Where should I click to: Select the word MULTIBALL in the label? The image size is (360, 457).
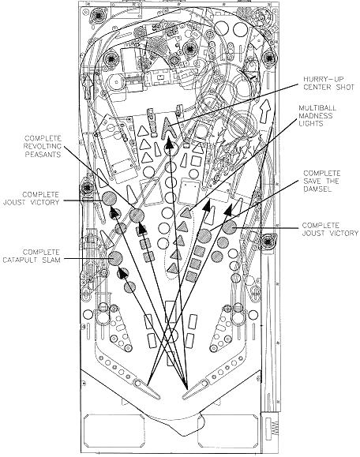coord(317,108)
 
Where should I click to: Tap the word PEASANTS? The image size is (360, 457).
coord(43,154)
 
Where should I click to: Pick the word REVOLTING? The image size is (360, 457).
coord(43,146)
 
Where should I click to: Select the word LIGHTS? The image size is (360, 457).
coord(311,124)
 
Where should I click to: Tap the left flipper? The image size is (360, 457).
coord(147,388)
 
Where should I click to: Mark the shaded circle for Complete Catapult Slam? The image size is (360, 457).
coord(115,257)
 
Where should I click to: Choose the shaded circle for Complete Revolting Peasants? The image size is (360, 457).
coord(137,215)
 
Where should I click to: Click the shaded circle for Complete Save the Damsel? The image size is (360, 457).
coord(204,236)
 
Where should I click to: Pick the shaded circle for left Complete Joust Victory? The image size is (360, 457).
coord(109,198)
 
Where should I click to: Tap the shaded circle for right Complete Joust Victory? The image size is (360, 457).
coord(230,227)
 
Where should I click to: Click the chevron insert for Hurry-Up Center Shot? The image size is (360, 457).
coord(168,127)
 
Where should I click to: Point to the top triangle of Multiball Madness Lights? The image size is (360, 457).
coord(186,213)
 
